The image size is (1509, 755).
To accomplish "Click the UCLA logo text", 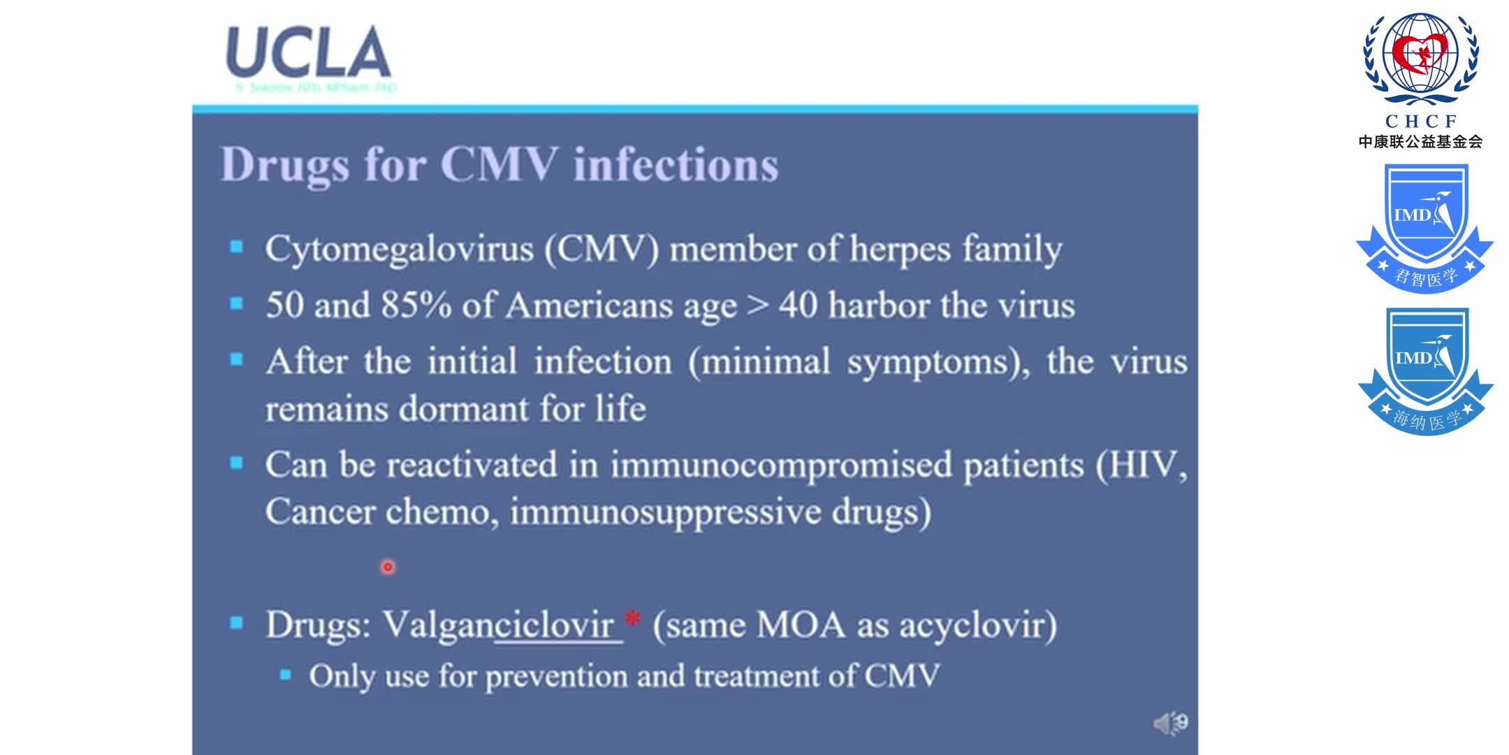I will (308, 53).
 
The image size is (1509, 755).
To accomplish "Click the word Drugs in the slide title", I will (284, 165).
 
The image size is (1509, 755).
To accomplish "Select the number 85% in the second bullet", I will (416, 305).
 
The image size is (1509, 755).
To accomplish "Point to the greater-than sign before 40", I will (757, 305).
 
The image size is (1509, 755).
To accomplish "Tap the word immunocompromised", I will (780, 465).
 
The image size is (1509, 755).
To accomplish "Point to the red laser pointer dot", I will (388, 567).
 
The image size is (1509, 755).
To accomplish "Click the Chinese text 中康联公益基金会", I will (1420, 142).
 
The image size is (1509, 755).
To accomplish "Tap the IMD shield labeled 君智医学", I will (1424, 227).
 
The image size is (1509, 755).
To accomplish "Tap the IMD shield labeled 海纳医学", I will (1424, 371).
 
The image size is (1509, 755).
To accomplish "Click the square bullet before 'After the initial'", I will (237, 360).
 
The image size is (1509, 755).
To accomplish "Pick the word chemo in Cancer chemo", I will (441, 512).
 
